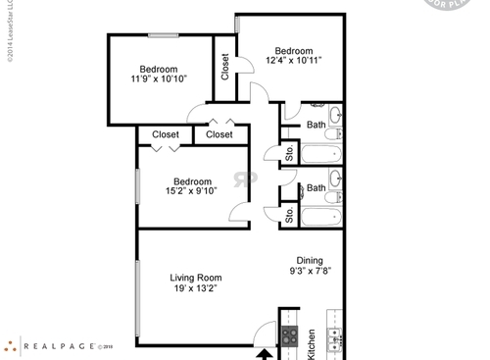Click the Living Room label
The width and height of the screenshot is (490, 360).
[x=194, y=278]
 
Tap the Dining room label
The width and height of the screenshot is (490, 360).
[x=310, y=261]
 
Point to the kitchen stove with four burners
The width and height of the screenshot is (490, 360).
[x=290, y=336]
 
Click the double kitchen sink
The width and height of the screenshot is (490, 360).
[x=336, y=338]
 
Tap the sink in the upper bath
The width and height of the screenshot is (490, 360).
[x=336, y=115]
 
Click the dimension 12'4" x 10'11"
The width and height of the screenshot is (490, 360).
[x=293, y=61]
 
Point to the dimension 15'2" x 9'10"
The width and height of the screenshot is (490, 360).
[x=192, y=191]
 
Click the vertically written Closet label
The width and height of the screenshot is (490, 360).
[x=225, y=67]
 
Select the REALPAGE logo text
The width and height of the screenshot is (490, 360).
[x=66, y=345]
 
